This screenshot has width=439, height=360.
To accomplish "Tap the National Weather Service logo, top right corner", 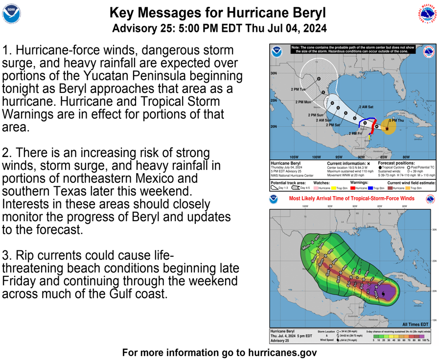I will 427,15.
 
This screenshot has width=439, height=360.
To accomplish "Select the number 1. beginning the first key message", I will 7,51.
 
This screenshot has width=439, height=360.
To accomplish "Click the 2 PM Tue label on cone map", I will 298,90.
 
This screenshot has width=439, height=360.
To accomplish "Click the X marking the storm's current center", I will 388,129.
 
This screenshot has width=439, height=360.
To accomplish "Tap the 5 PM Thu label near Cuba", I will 396,120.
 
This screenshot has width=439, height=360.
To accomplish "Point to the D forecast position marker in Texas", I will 319,79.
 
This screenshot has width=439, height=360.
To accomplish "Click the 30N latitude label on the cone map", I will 274,73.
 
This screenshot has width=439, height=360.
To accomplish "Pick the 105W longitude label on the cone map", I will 294,157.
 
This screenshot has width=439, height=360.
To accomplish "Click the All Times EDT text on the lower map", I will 415,324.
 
